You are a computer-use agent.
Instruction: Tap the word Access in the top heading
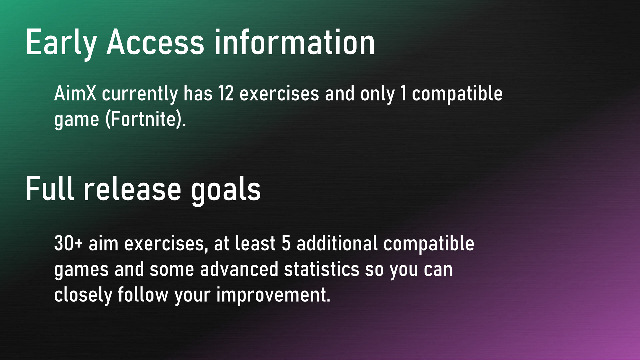pos(155,42)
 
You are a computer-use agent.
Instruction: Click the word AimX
pos(75,93)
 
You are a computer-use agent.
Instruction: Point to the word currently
pos(140,94)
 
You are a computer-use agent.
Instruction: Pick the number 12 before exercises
pos(226,93)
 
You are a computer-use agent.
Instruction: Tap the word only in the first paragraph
pos(378,94)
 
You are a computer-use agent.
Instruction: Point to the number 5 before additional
pos(286,243)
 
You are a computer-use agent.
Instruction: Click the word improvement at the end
pos(273,295)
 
